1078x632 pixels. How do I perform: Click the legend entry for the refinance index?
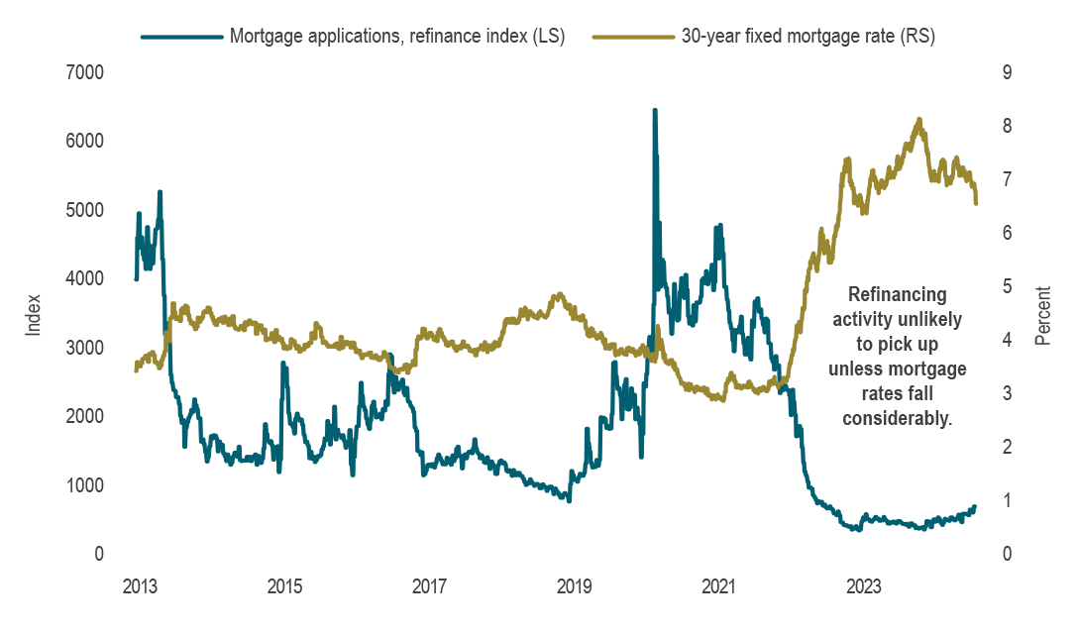pos(396,37)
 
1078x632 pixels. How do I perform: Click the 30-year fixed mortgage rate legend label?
pos(808,37)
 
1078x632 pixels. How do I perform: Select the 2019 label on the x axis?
pos(574,585)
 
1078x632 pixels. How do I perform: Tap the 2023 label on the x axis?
pos(863,585)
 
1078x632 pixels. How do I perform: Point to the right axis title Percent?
pos(1042,313)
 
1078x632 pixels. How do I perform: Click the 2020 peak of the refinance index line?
pos(654,111)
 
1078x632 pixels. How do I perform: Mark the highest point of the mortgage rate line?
pos(919,120)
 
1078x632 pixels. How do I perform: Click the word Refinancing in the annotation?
pos(898,295)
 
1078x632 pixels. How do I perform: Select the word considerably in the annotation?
pos(898,419)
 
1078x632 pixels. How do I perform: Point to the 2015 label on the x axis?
pos(284,585)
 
